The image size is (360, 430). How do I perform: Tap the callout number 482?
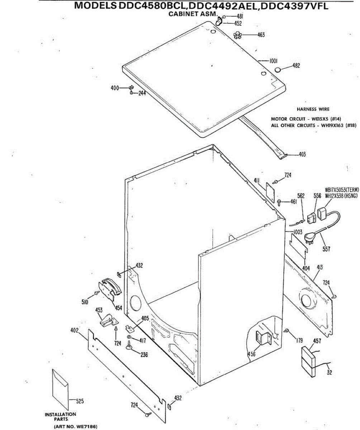[296, 66]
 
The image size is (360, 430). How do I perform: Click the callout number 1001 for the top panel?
[274, 61]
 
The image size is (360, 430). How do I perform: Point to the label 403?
[302, 155]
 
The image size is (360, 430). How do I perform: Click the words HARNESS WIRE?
[313, 109]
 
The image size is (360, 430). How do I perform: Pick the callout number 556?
[317, 196]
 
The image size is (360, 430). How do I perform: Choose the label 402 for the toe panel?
[74, 330]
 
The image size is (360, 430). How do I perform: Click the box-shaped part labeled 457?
[309, 362]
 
